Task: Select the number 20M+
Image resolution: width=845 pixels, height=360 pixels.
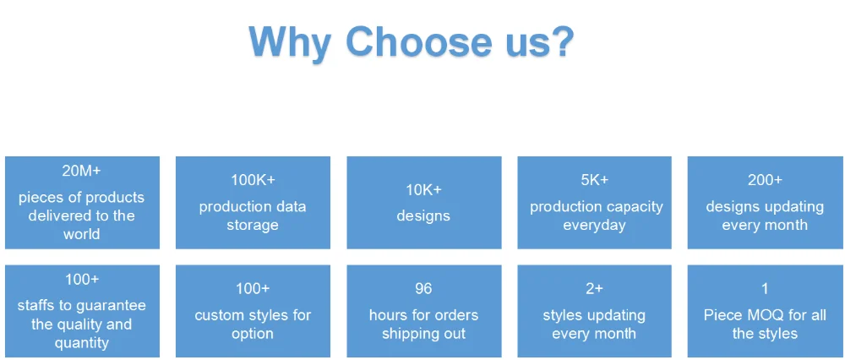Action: click(81, 171)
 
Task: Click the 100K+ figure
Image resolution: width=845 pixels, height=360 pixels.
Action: click(253, 180)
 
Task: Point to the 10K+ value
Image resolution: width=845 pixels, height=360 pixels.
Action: click(423, 189)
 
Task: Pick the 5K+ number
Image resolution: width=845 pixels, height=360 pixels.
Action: click(594, 180)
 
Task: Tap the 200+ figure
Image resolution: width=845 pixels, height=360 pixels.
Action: click(765, 180)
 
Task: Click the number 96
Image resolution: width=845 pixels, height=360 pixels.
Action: click(423, 289)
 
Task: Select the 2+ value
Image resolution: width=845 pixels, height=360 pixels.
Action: click(594, 289)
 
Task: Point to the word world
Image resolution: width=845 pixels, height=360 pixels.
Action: click(81, 234)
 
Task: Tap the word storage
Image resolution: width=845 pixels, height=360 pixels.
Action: click(253, 225)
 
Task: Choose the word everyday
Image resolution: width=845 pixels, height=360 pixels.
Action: click(594, 225)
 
